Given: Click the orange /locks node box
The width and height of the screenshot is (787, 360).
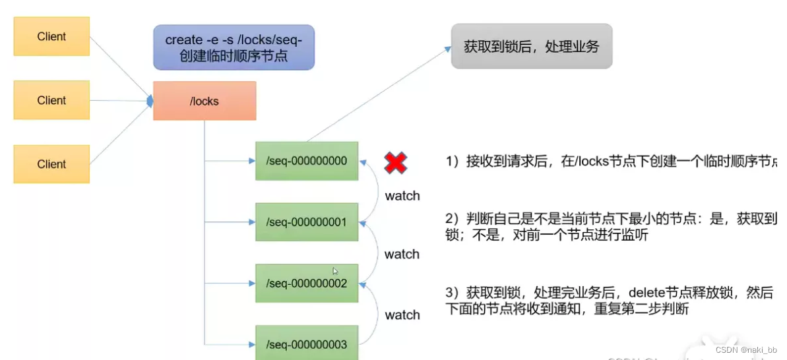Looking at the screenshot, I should tap(205, 101).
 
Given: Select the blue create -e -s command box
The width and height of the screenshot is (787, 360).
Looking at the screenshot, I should tap(234, 47).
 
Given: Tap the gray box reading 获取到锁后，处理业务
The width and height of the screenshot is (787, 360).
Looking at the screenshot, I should tap(531, 47).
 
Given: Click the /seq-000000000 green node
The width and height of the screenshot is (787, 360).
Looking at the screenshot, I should tap(307, 160).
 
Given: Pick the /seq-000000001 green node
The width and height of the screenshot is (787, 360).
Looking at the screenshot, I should tap(307, 222).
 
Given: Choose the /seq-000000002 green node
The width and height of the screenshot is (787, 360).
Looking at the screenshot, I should tap(307, 284).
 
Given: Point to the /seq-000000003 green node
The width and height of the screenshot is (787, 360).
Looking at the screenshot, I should tap(307, 344).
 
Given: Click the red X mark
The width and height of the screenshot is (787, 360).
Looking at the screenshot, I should tap(396, 162).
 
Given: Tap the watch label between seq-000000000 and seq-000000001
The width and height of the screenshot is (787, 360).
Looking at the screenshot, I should tap(402, 196).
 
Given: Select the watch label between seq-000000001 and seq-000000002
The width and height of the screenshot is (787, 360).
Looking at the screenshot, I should tap(402, 255).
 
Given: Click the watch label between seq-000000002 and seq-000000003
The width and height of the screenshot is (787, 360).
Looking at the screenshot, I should tap(402, 315).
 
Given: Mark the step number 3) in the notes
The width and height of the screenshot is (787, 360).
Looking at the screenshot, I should tap(452, 292).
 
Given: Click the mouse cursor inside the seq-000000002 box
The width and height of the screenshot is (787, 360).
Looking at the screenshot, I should tap(335, 270).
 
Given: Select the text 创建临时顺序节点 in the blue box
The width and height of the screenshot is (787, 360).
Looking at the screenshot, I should tap(234, 56).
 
